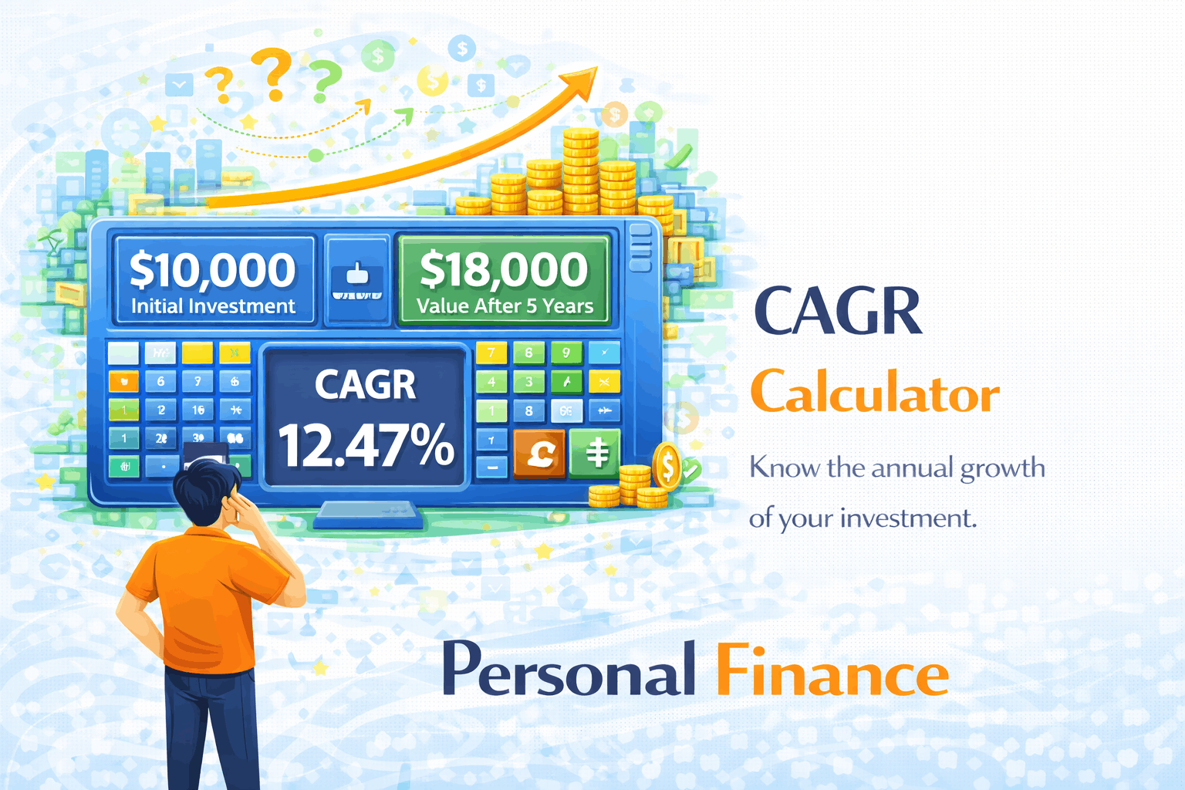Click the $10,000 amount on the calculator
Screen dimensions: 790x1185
tap(213, 270)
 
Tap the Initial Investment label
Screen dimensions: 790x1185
tap(213, 306)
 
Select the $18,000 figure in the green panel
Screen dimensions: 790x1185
tap(504, 270)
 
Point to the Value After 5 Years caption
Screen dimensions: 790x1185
tap(505, 306)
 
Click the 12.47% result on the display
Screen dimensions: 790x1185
tap(366, 446)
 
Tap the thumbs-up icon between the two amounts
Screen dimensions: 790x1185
tap(356, 274)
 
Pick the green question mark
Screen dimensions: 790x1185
tap(326, 79)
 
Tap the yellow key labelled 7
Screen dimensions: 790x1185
tap(491, 353)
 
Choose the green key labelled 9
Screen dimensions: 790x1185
tap(565, 353)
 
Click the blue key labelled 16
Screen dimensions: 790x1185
tap(198, 410)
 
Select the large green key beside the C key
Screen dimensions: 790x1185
tap(595, 453)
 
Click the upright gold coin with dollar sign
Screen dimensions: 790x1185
tap(667, 466)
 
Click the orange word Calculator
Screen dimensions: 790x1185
tap(875, 393)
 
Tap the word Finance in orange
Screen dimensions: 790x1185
tap(832, 671)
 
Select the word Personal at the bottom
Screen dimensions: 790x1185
tap(569, 671)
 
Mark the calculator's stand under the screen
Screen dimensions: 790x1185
tap(367, 514)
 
